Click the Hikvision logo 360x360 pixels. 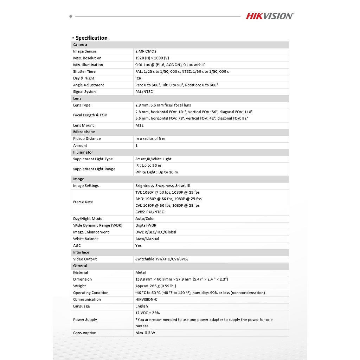270,16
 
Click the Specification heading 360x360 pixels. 91,38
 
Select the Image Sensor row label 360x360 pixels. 85,51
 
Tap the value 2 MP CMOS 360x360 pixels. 146,51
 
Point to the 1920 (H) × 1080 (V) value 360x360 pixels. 152,58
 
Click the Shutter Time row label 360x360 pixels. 84,71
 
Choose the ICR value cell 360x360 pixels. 138,78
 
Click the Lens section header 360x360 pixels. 77,98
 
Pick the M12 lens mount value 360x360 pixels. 139,125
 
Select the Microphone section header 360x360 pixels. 84,132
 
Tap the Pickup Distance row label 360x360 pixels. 87,139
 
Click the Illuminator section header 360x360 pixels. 83,152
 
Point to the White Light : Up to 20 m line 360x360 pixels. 156,172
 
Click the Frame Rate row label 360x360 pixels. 83,202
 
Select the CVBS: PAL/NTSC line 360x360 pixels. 150,212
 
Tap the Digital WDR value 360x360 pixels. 146,225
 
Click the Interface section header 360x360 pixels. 81,252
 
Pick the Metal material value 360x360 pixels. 140,272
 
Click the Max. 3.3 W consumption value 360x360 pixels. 145,333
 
